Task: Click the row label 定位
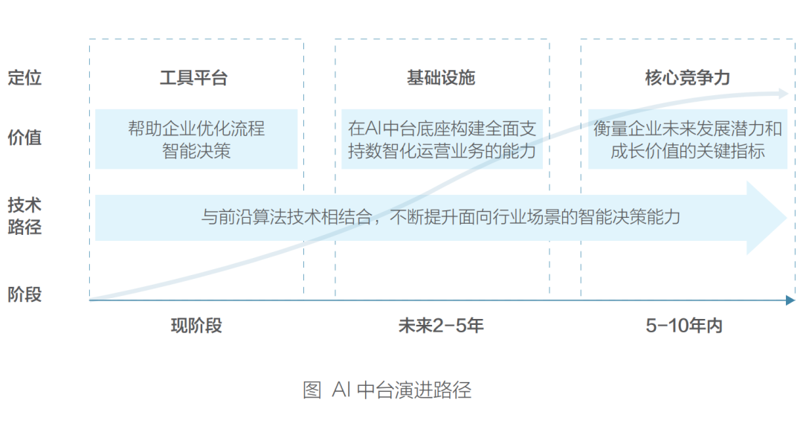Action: [x=25, y=77]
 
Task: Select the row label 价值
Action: [x=25, y=138]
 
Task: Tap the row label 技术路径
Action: [x=25, y=216]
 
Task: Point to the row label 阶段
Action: [x=25, y=294]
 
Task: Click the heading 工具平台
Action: [x=194, y=78]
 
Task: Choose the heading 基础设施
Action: [x=441, y=78]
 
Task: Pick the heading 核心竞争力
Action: [x=688, y=78]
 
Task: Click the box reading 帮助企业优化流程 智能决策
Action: [x=196, y=139]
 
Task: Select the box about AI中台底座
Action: [x=442, y=139]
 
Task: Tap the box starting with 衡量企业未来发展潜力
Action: [x=688, y=139]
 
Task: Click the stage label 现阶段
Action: [x=196, y=326]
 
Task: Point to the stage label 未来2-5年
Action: [x=441, y=326]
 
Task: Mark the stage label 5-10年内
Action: [x=684, y=326]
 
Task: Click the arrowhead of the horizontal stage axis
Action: [x=790, y=300]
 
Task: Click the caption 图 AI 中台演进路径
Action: [x=387, y=390]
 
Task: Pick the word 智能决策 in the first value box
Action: [x=196, y=151]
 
